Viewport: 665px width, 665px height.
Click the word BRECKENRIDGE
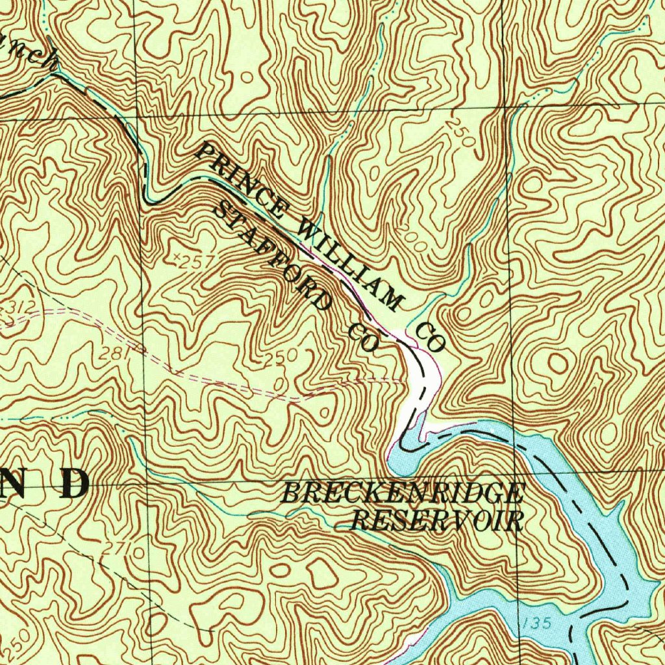pyautogui.click(x=402, y=494)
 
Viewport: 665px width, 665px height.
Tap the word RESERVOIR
pyautogui.click(x=437, y=521)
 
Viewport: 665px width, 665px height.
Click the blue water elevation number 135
pyautogui.click(x=536, y=623)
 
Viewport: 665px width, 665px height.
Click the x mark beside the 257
pyautogui.click(x=175, y=258)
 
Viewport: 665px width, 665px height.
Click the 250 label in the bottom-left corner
pyautogui.click(x=16, y=644)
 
